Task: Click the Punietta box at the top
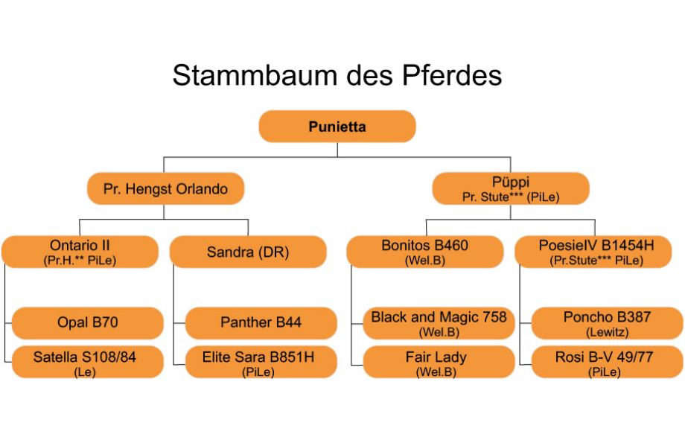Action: coord(337,127)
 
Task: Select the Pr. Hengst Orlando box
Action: coord(165,189)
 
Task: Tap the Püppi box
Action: coord(510,188)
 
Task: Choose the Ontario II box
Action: coord(80,252)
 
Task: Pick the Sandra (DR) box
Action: coord(248,252)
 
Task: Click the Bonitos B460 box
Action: coord(425,252)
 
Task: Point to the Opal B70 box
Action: coord(87,322)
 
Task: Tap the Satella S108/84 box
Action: coord(87,362)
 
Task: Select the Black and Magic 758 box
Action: coord(439,322)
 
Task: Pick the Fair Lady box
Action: coord(439,362)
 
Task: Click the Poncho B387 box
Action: coord(606,322)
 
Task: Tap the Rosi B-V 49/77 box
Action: coord(606,362)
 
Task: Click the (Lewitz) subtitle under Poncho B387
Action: coord(607,331)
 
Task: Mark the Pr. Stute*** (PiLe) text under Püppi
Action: coord(510,197)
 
